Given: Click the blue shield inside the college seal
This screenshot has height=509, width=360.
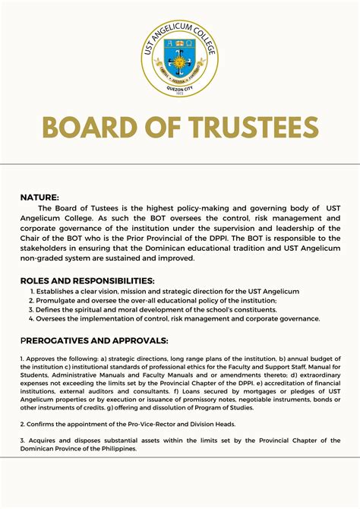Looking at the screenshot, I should click(180, 62).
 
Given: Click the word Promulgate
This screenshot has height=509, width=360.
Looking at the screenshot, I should click(55, 301).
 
